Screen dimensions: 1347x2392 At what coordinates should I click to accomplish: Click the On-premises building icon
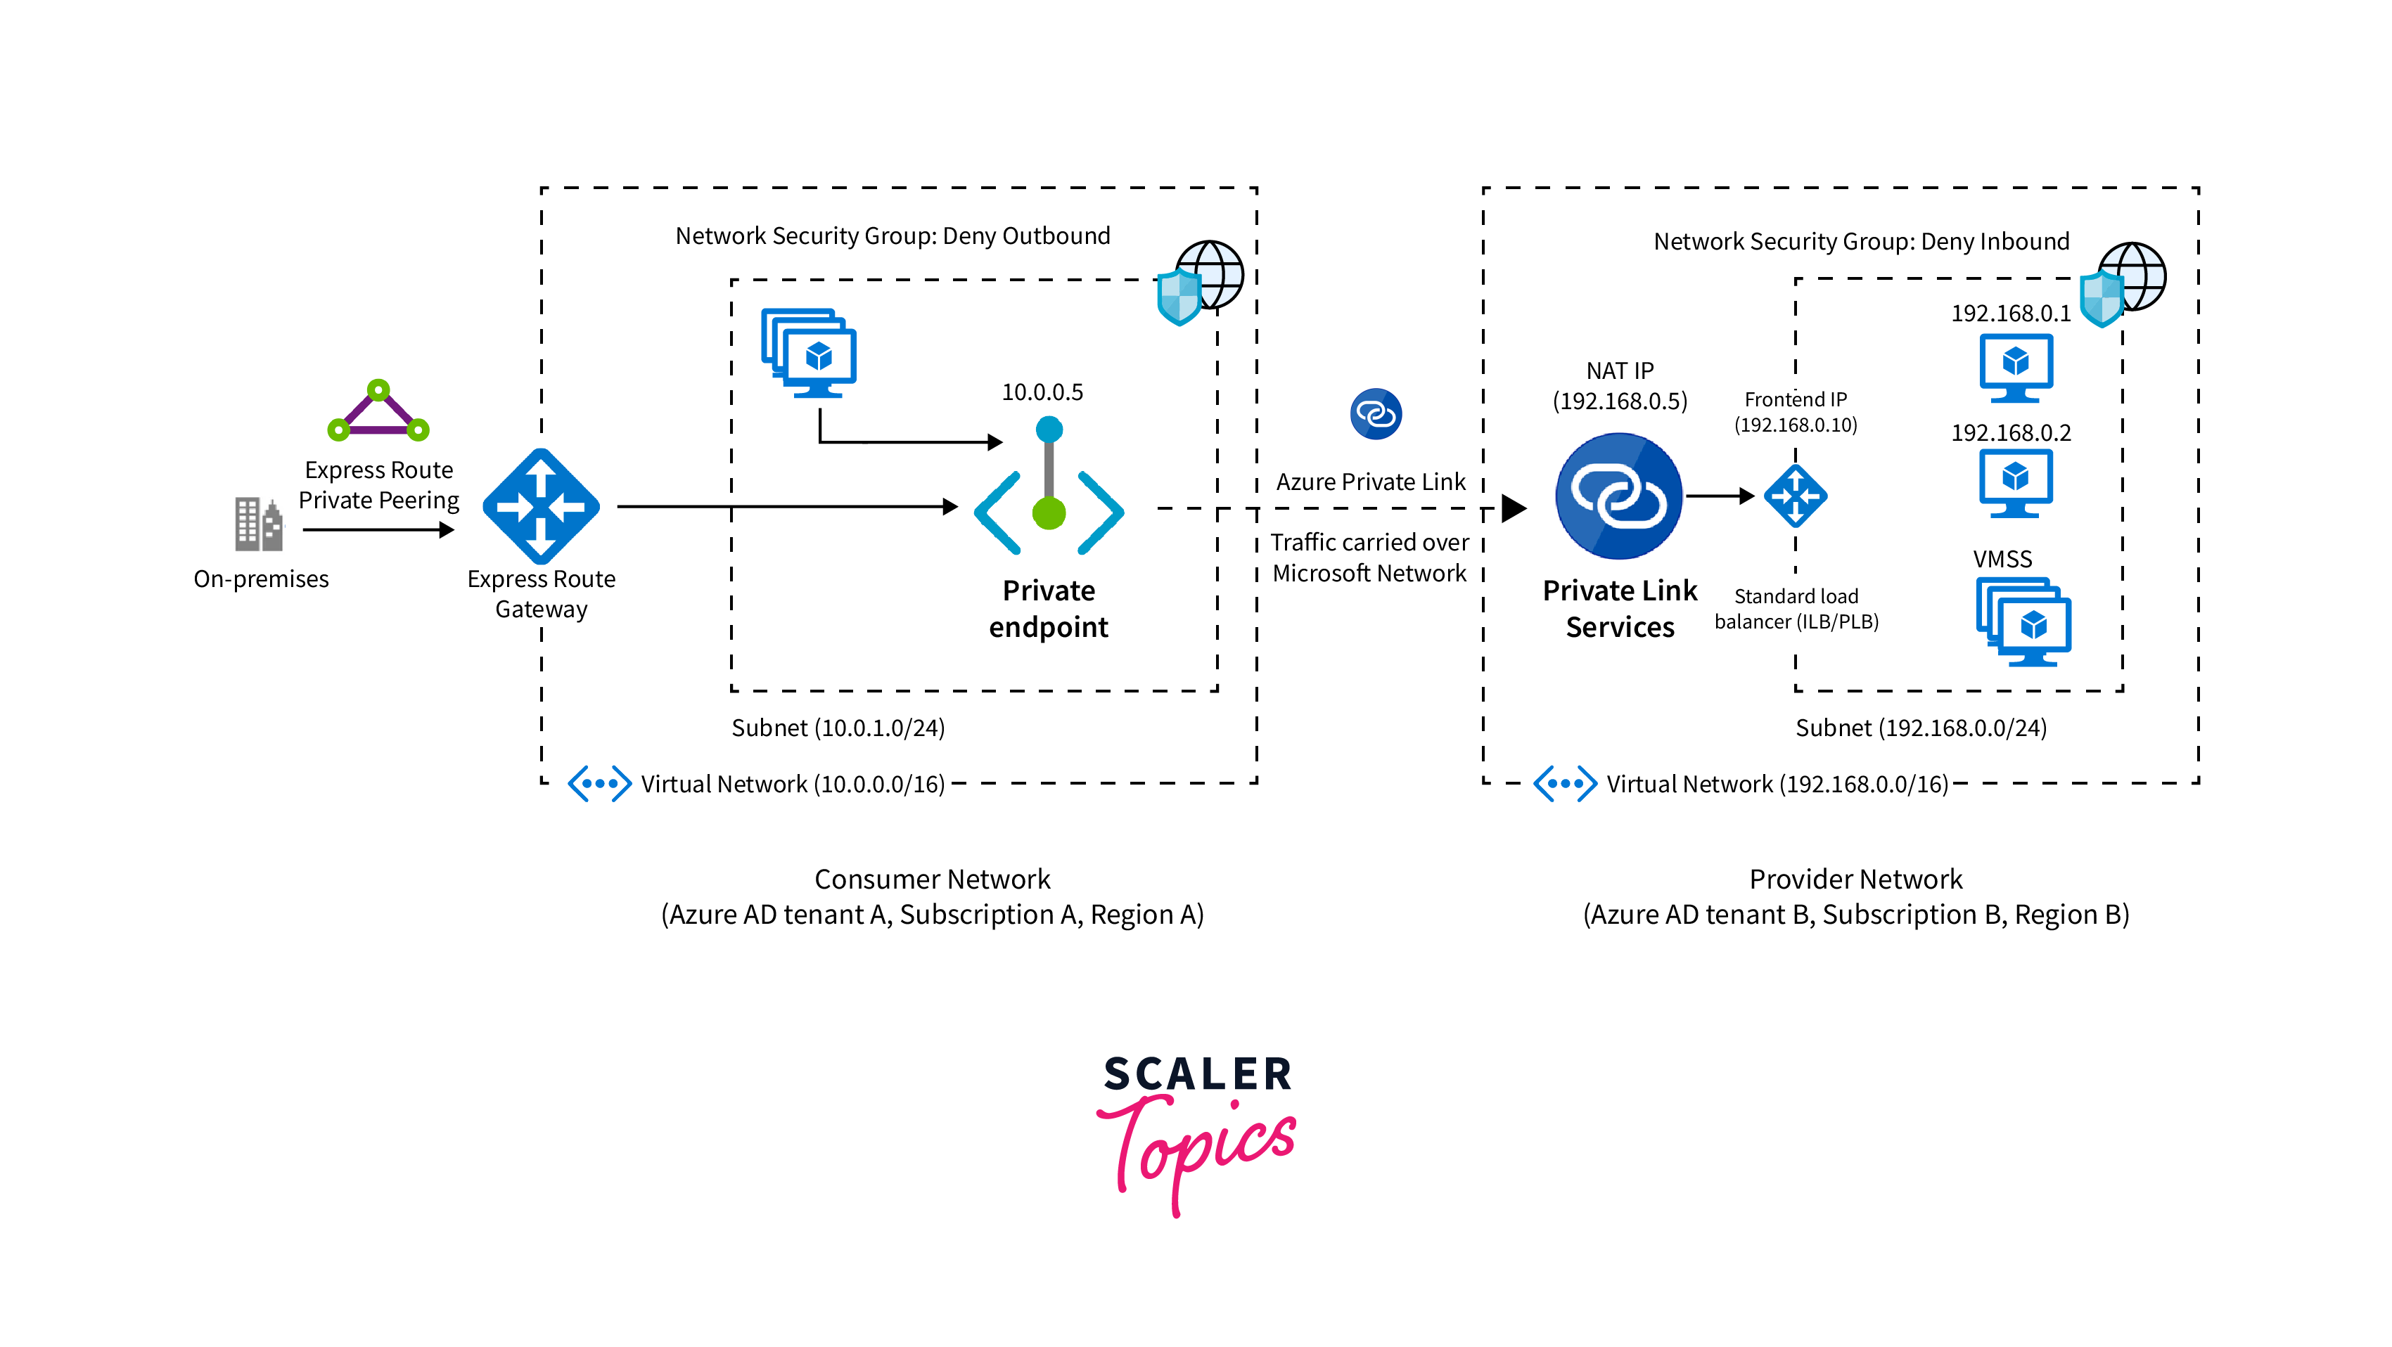click(x=258, y=524)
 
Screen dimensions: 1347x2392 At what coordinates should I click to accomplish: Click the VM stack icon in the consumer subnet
click(x=809, y=354)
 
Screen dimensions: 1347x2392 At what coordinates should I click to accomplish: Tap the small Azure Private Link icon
click(x=1375, y=414)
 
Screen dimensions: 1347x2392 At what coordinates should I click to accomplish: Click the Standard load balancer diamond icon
click(x=1795, y=496)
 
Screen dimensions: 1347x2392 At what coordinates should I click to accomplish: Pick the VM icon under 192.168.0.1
click(x=2015, y=367)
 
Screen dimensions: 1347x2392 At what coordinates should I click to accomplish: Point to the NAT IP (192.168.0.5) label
click(x=1620, y=386)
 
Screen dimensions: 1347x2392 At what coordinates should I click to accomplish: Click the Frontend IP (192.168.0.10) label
click(x=1796, y=412)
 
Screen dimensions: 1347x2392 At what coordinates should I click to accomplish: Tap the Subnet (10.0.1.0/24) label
click(x=838, y=728)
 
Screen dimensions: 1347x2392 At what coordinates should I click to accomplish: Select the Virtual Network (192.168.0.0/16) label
click(x=1777, y=785)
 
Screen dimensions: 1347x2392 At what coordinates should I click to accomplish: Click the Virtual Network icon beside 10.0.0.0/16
click(x=600, y=783)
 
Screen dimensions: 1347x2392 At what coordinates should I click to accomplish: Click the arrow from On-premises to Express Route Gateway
click(x=378, y=530)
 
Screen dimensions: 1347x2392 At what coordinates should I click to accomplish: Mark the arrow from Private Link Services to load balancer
click(x=1720, y=496)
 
